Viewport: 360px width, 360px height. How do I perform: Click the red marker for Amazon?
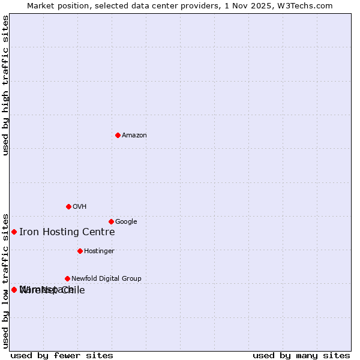point(118,135)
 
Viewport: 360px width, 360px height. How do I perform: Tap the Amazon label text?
point(134,136)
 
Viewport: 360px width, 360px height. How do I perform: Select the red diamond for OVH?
point(68,206)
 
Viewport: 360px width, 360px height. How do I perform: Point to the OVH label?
point(80,207)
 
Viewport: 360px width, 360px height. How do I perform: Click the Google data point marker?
point(111,221)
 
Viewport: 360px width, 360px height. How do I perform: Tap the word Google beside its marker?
point(126,222)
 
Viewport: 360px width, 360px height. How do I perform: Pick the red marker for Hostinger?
point(80,251)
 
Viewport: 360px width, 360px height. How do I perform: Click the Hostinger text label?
point(99,251)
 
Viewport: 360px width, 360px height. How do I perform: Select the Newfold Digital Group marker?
point(67,278)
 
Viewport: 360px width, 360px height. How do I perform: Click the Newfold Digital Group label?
point(106,279)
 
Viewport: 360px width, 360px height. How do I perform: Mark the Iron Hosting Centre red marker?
point(14,232)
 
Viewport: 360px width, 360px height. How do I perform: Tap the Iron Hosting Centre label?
point(67,232)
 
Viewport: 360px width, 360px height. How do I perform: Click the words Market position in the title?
point(55,6)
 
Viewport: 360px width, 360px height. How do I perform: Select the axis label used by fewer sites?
point(62,356)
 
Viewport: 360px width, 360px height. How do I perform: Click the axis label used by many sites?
point(301,356)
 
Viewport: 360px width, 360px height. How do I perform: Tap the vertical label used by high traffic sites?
point(6,85)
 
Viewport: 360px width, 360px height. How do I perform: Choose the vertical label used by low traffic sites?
point(6,280)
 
